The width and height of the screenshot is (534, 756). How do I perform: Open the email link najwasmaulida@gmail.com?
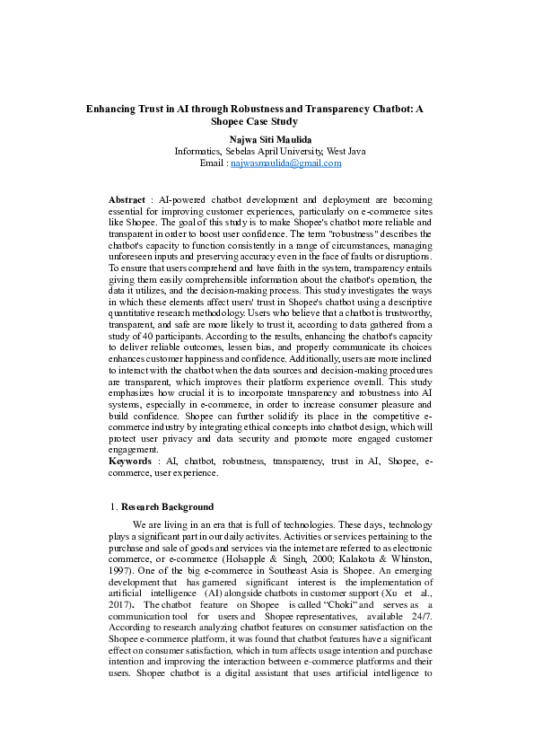286,164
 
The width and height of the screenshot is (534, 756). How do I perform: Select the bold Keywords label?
130,461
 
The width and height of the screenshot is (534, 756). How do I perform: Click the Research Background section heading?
167,506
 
